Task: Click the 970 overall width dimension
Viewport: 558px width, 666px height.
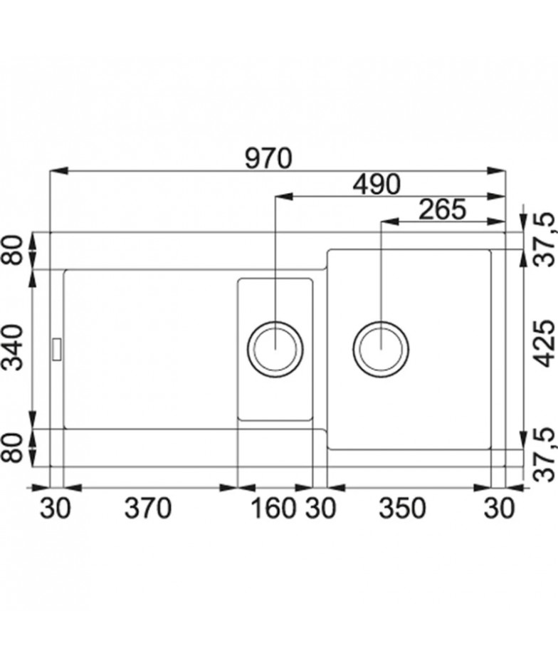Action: tap(269, 158)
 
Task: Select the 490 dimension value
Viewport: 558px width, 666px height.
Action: tap(377, 184)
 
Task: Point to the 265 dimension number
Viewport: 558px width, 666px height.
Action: tap(443, 209)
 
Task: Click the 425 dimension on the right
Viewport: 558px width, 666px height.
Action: tap(544, 343)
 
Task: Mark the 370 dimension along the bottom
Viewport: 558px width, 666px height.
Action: tap(147, 509)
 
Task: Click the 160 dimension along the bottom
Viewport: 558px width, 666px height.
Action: tap(273, 509)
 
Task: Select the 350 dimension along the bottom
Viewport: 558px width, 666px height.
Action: tap(402, 509)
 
